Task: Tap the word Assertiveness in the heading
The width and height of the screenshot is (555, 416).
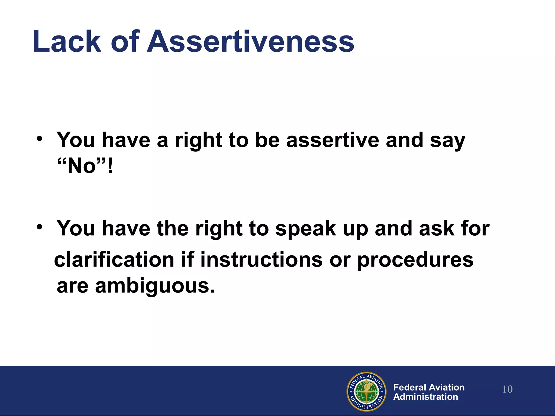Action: (250, 41)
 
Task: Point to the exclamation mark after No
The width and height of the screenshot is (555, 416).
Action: (110, 166)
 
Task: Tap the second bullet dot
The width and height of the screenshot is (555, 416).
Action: (40, 227)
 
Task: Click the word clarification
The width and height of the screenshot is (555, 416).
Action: (114, 260)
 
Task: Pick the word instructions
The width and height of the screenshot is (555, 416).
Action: (262, 260)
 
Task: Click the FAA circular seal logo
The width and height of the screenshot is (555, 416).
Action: (367, 391)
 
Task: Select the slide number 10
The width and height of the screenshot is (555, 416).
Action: (507, 389)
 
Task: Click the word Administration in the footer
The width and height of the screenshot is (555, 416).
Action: (425, 397)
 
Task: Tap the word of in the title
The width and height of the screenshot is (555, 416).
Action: (125, 41)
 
